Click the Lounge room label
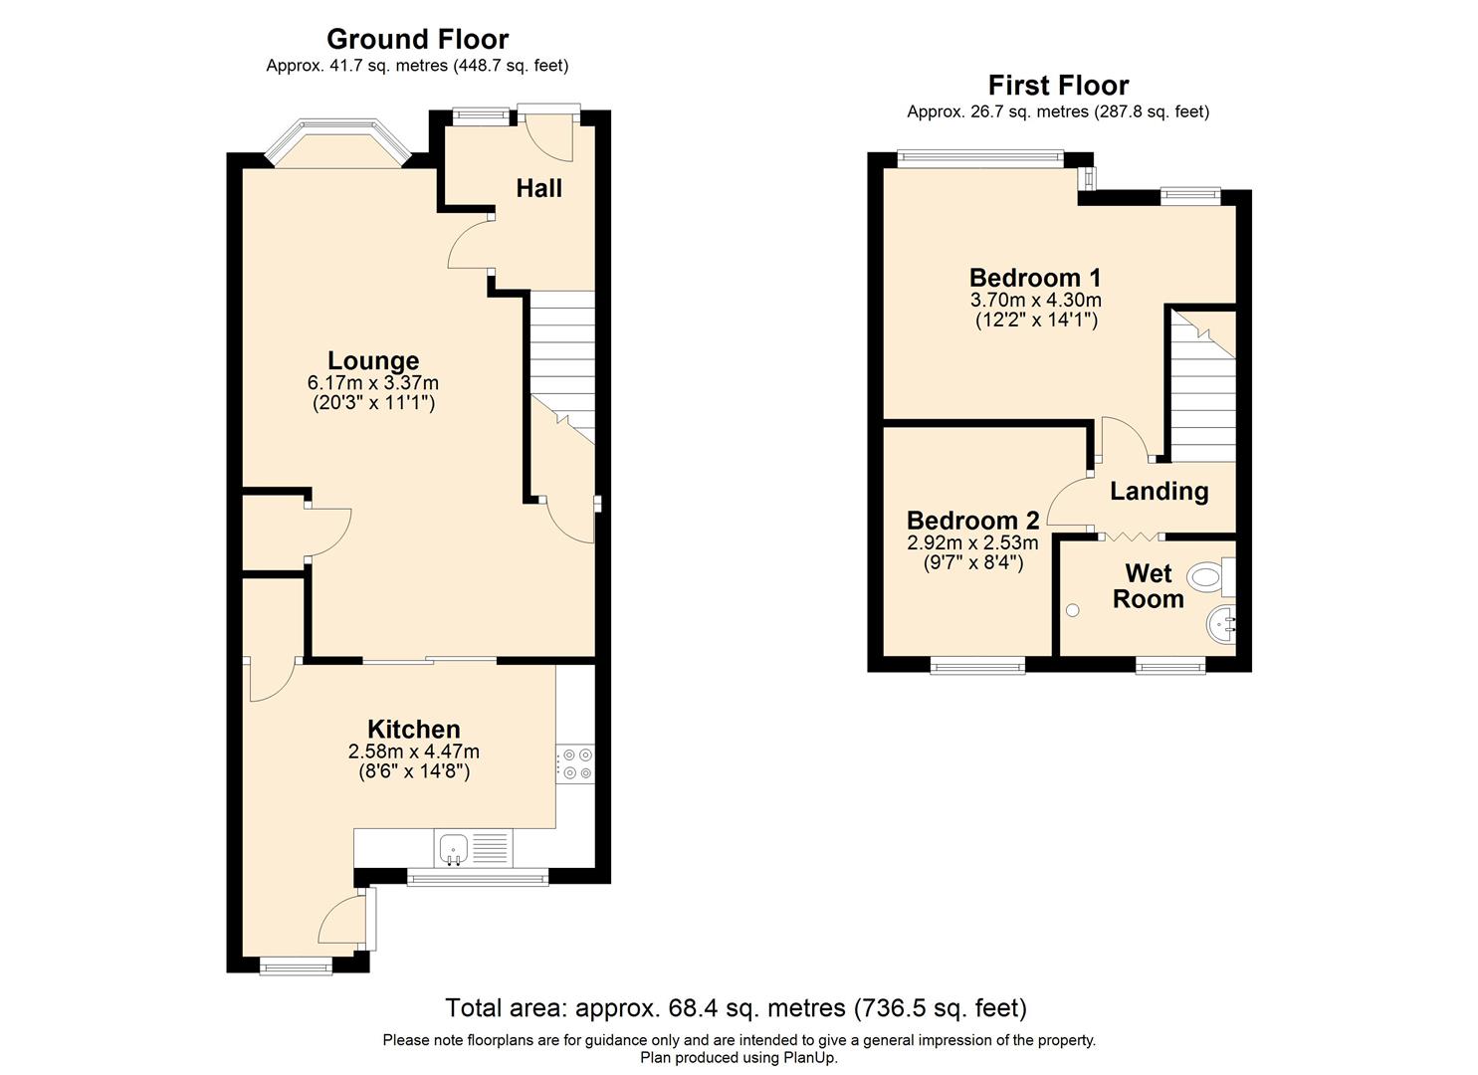pyautogui.click(x=373, y=361)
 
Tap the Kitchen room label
pyautogui.click(x=414, y=730)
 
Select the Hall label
pyautogui.click(x=539, y=188)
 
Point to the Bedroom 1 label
pyautogui.click(x=1035, y=278)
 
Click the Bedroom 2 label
pyautogui.click(x=972, y=521)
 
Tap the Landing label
pyautogui.click(x=1159, y=491)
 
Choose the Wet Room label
pyautogui.click(x=1148, y=586)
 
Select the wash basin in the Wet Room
pyautogui.click(x=1220, y=625)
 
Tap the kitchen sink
pyautogui.click(x=453, y=849)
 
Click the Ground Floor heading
pyautogui.click(x=417, y=39)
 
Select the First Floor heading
pyautogui.click(x=1058, y=86)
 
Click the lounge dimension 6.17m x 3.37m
pyautogui.click(x=373, y=383)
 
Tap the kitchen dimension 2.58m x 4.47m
pyautogui.click(x=414, y=752)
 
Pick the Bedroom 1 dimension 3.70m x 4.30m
pyautogui.click(x=1035, y=300)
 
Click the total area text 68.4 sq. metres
pyautogui.click(x=736, y=1008)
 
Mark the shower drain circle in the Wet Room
pyautogui.click(x=1072, y=610)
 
